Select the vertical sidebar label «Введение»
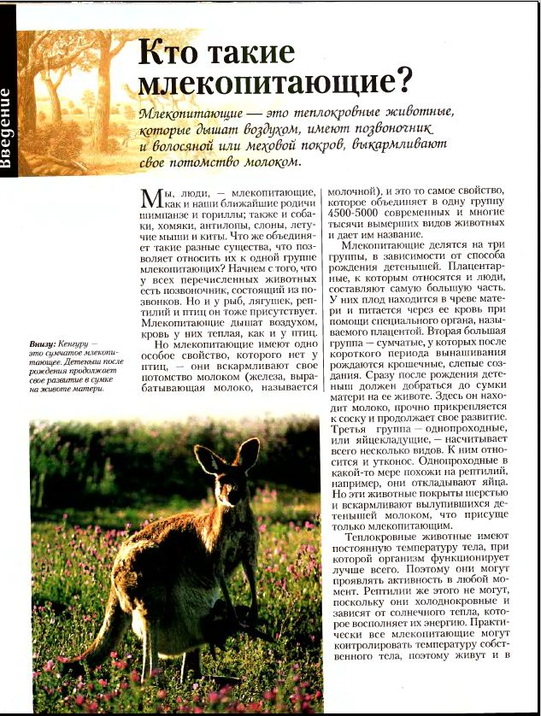pos(7,128)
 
